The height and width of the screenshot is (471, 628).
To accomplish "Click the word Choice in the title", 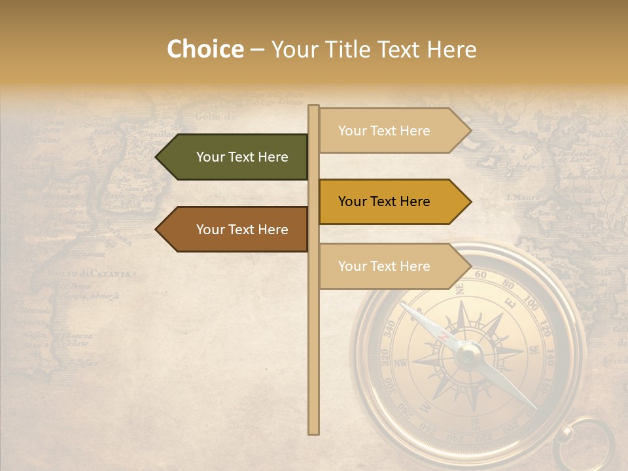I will [205, 50].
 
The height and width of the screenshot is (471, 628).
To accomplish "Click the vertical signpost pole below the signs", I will [314, 366].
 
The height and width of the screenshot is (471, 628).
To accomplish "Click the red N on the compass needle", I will [444, 336].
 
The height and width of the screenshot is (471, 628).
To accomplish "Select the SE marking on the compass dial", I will [534, 350].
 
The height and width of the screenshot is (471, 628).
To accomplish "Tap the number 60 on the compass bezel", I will [480, 275].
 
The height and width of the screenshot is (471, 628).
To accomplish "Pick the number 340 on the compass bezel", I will [390, 327].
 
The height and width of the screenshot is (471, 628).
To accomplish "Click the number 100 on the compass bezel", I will [531, 305].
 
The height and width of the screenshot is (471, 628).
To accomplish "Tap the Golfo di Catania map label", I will [90, 273].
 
